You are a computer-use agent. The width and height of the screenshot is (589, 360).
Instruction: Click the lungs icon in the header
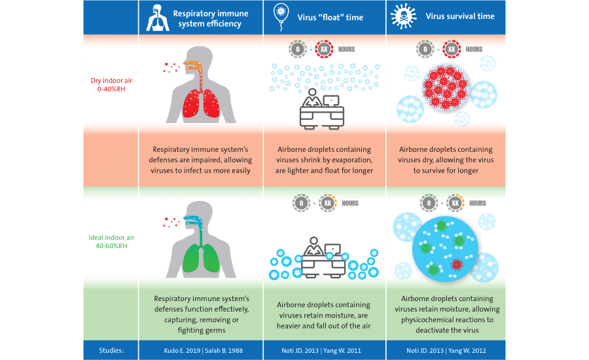[158, 18]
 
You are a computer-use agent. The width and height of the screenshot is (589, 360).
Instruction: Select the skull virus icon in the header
[403, 16]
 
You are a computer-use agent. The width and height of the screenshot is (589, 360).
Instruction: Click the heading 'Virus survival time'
[460, 16]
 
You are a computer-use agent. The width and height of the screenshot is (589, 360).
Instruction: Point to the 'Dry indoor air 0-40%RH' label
[111, 84]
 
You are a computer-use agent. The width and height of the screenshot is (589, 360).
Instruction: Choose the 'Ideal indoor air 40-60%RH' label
[111, 242]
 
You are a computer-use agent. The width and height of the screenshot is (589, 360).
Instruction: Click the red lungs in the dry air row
[201, 103]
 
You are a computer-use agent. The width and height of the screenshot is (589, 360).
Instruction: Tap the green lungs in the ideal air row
[201, 258]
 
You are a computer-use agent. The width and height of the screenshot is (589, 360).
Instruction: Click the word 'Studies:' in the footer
[111, 350]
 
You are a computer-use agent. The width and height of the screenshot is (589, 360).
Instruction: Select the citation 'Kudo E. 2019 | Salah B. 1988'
[204, 351]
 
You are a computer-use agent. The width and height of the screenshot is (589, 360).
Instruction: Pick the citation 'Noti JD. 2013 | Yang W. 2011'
[321, 351]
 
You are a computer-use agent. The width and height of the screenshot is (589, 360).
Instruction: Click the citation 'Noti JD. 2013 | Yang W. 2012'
[446, 351]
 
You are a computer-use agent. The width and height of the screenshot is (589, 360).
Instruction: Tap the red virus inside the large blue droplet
[456, 264]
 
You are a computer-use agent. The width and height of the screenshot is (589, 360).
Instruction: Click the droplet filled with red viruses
[446, 88]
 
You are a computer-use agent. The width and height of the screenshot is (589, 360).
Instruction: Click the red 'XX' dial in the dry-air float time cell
[324, 49]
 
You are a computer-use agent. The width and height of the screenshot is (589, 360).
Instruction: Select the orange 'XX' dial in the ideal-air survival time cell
[455, 204]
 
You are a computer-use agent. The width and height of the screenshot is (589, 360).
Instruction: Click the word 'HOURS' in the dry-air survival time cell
[474, 49]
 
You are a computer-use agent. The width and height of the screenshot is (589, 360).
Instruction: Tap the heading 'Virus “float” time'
[330, 17]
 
